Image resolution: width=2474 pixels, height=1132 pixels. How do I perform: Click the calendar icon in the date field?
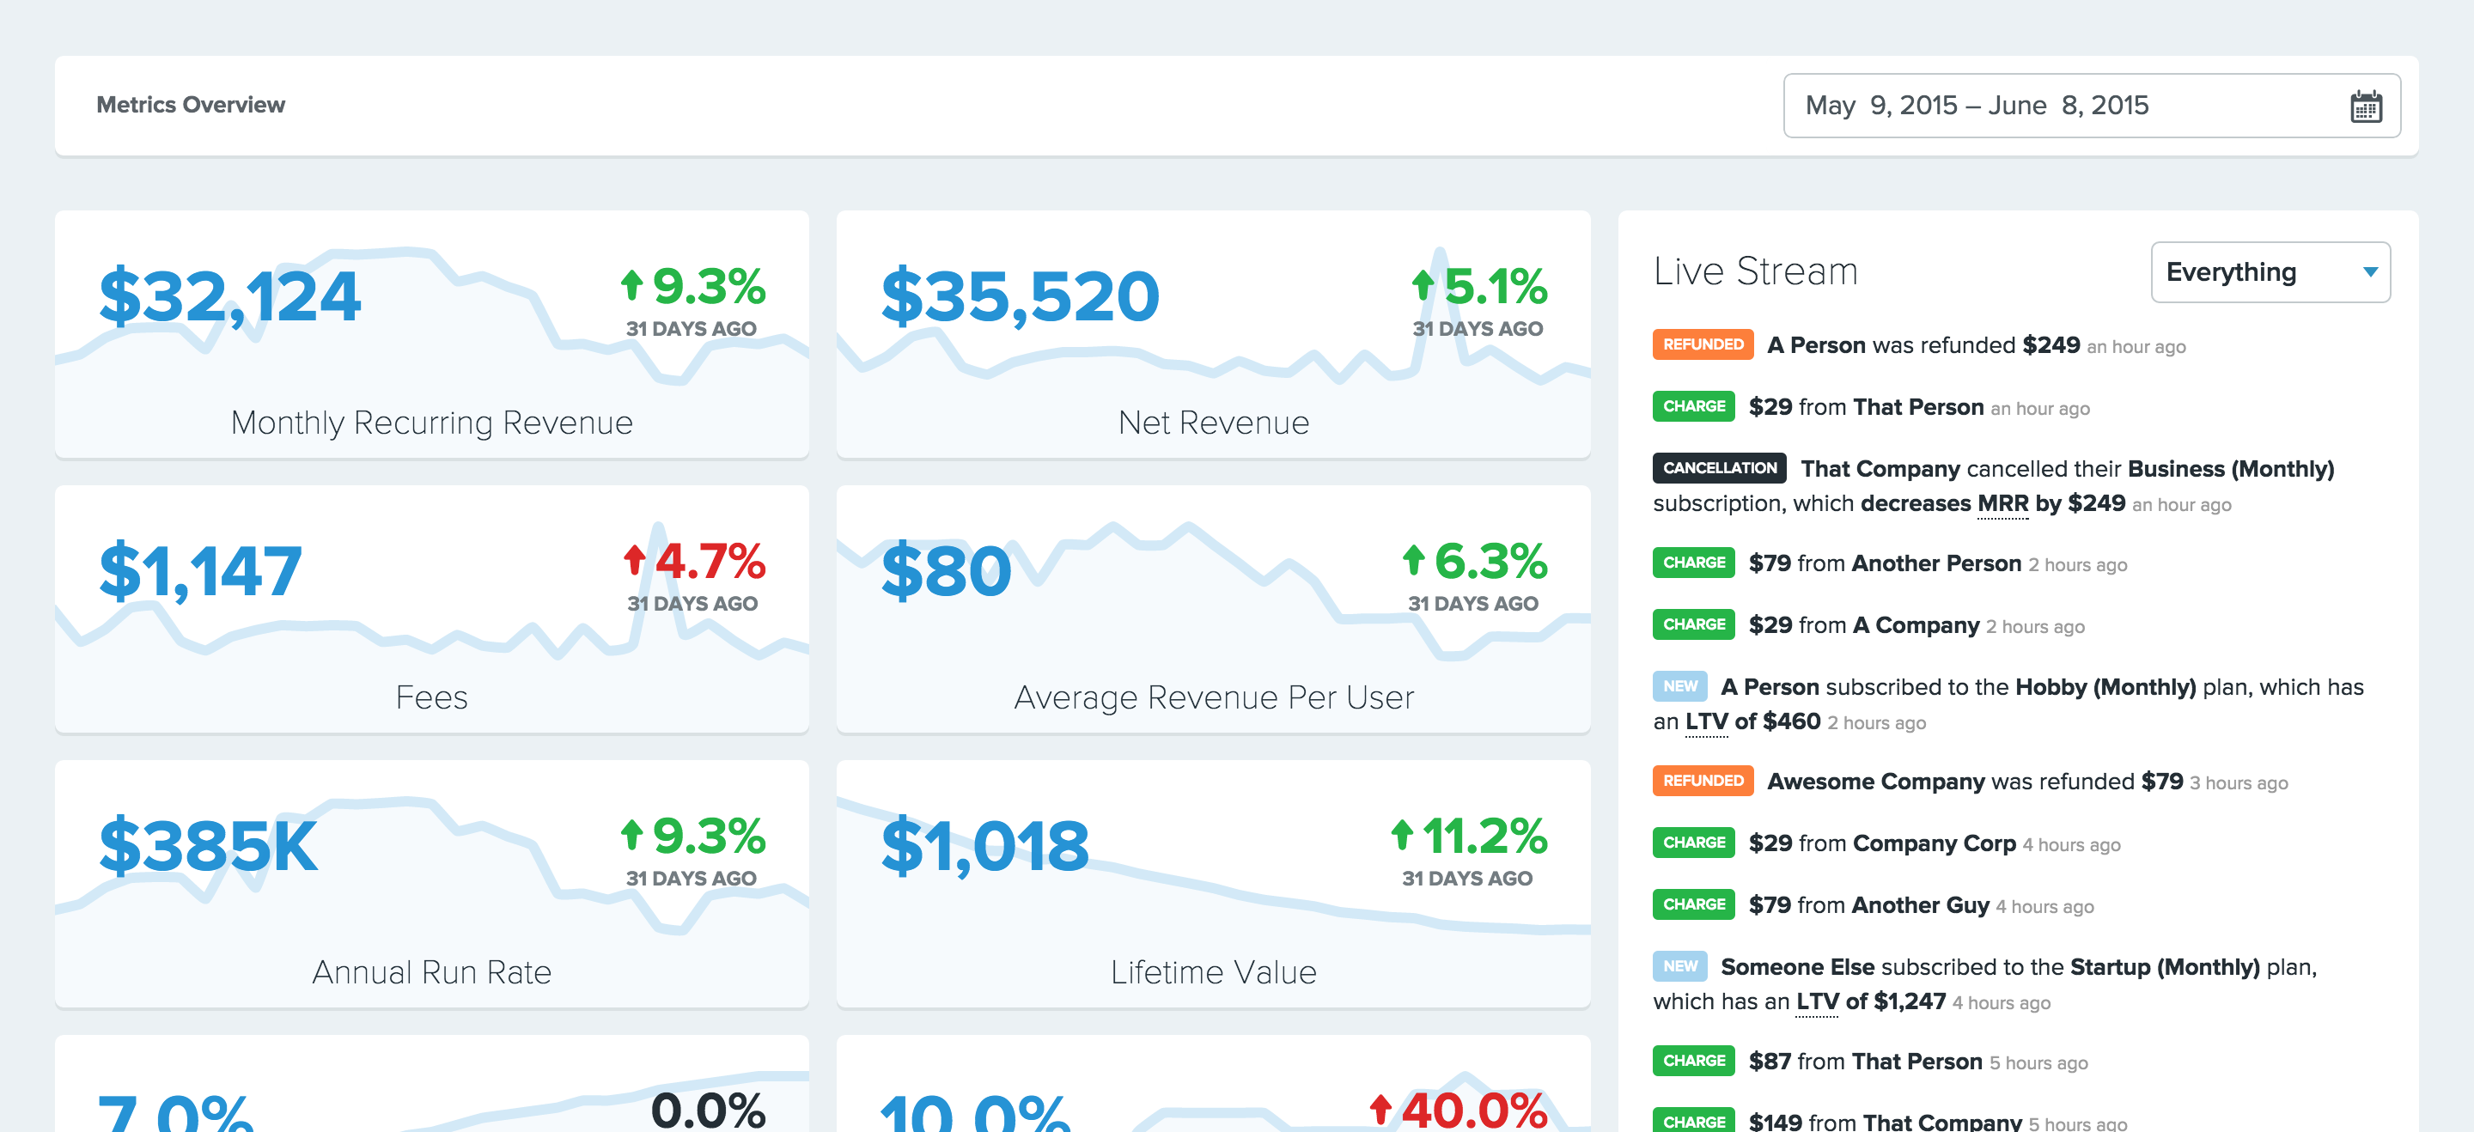(2366, 106)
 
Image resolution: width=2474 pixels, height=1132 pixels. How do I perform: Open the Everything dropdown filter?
(2270, 272)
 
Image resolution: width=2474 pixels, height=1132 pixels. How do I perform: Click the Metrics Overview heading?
(190, 105)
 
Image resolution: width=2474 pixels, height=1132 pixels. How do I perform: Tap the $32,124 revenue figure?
(230, 296)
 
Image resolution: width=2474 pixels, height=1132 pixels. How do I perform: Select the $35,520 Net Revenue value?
(1020, 296)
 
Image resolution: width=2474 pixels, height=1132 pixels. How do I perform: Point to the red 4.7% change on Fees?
(695, 562)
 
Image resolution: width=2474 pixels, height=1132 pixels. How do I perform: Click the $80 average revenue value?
(946, 572)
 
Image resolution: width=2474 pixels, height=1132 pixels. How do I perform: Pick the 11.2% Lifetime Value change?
(1471, 837)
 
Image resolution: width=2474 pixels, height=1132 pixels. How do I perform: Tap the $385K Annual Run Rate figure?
(209, 847)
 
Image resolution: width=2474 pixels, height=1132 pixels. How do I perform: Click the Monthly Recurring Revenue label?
(431, 423)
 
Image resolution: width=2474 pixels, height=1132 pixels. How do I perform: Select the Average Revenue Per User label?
(1213, 698)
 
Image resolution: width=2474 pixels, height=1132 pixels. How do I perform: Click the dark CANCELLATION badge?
(1719, 469)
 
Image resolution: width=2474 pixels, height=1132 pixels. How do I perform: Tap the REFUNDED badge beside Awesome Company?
(1703, 781)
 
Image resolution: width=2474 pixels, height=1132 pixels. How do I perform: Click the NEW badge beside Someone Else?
(1679, 967)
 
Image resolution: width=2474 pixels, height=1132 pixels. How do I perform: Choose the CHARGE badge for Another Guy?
(1693, 904)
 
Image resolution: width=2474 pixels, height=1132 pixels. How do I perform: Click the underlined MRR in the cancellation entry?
(2002, 504)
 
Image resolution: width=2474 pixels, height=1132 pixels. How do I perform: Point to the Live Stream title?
(1755, 271)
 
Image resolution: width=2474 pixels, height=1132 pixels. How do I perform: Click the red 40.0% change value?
(1460, 1111)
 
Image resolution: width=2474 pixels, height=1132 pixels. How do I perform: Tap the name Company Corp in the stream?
(1934, 844)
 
